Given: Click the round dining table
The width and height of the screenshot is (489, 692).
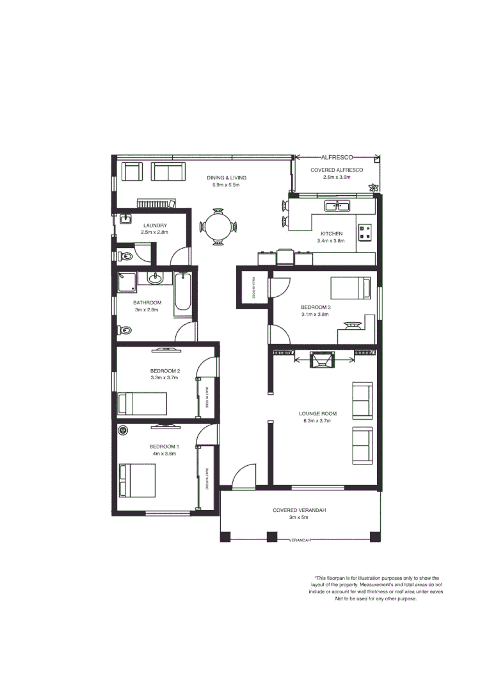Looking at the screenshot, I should point(218,226).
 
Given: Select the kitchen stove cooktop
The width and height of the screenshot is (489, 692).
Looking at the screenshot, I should point(365,232).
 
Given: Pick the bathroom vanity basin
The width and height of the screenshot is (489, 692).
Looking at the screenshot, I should point(155,279).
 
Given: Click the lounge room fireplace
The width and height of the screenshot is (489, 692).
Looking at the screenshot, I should point(321,360).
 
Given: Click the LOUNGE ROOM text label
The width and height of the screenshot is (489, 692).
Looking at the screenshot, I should point(317,414).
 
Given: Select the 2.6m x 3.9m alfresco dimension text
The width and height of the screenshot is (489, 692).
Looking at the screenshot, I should point(337,177).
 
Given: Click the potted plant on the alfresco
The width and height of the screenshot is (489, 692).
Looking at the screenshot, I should point(373,187).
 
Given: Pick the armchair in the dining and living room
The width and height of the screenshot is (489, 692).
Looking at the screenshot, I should point(132,172).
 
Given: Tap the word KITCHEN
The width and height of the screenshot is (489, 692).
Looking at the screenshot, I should point(330,233).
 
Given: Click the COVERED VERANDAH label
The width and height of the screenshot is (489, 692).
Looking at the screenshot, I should point(299,510).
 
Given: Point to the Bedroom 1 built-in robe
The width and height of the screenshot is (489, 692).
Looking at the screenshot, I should point(207,478).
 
